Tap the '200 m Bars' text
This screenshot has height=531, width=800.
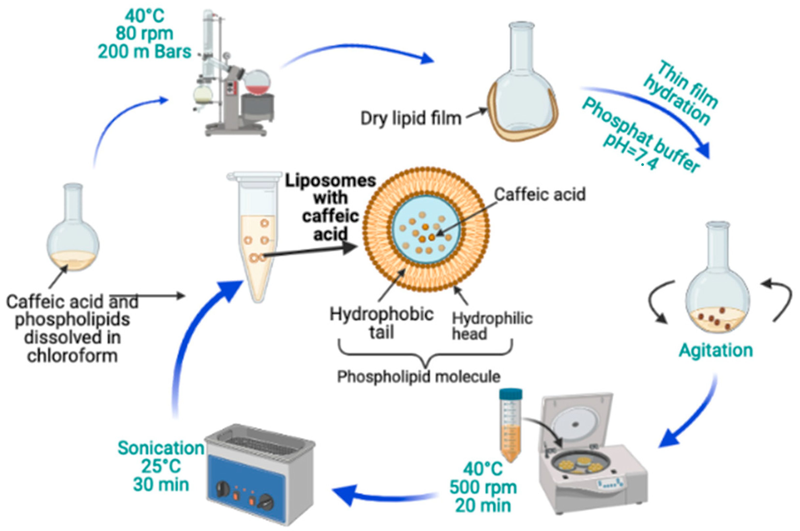point(145,52)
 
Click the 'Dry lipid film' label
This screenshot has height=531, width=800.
point(411,118)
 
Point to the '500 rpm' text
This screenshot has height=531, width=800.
point(483,488)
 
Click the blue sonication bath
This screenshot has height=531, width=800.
point(261,474)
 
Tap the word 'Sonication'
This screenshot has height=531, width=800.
point(161,448)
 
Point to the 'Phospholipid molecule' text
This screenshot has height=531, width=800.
point(419,376)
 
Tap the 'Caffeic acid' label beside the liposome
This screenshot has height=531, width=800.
point(540,194)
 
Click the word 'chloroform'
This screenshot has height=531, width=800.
point(73,356)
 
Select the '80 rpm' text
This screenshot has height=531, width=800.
point(145,33)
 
